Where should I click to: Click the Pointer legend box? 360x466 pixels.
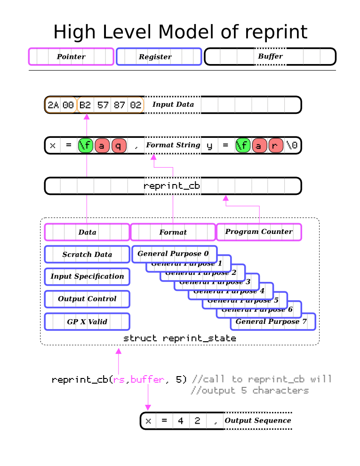pyautogui.click(x=71, y=56)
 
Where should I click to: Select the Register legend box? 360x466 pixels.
pyautogui.click(x=159, y=56)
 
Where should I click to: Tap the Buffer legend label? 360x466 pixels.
pyautogui.click(x=270, y=56)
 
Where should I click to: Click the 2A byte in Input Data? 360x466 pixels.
pyautogui.click(x=53, y=104)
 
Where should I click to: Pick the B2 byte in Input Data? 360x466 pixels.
pyautogui.click(x=85, y=104)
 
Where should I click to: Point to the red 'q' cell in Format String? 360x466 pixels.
pyautogui.click(x=119, y=145)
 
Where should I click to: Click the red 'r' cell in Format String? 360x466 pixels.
pyautogui.click(x=276, y=145)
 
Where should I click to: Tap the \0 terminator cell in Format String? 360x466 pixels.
pyautogui.click(x=292, y=145)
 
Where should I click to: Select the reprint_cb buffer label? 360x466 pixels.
pyautogui.click(x=172, y=186)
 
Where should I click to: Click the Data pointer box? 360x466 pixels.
pyautogui.click(x=87, y=232)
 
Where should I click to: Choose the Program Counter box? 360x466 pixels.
pyautogui.click(x=258, y=232)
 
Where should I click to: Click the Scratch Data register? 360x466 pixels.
pyautogui.click(x=87, y=254)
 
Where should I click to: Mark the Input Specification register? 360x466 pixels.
pyautogui.click(x=87, y=276)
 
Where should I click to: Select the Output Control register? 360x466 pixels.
pyautogui.click(x=87, y=299)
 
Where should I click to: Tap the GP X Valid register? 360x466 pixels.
pyautogui.click(x=87, y=322)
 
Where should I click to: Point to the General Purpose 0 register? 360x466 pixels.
pyautogui.click(x=173, y=254)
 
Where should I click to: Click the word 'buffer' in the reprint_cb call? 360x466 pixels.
pyautogui.click(x=147, y=379)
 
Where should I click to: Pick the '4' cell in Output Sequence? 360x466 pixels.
pyautogui.click(x=181, y=421)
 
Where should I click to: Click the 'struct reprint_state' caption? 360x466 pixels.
pyautogui.click(x=179, y=338)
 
